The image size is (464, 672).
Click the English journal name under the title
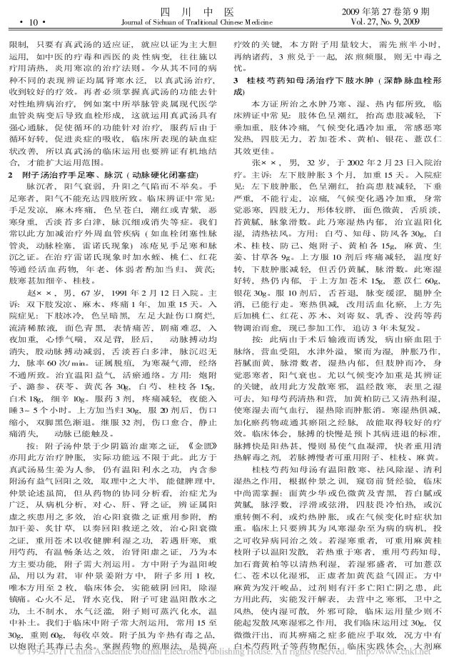(x=232, y=21)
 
